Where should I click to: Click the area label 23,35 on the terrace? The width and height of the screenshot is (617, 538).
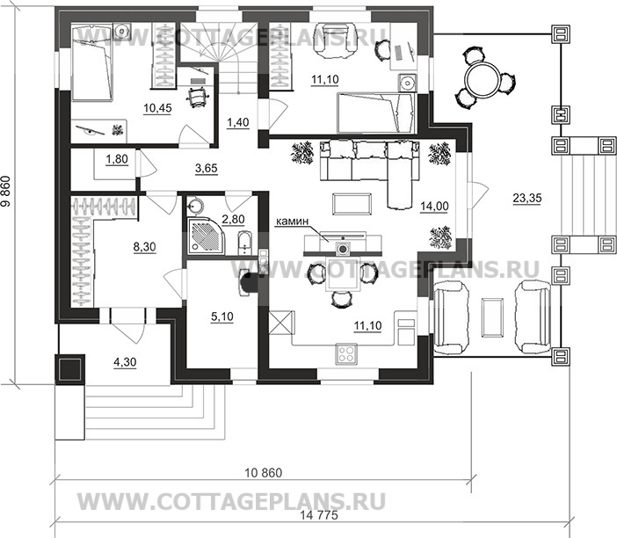(526, 198)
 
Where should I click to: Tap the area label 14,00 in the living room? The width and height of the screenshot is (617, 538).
(434, 207)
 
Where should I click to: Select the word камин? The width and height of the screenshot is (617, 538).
(292, 222)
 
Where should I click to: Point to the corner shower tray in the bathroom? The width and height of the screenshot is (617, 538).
(206, 236)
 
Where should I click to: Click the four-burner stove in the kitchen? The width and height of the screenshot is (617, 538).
(346, 353)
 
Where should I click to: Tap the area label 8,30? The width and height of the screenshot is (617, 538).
(144, 247)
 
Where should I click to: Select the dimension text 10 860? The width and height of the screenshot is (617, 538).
(264, 473)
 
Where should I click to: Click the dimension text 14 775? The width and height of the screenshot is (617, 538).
(319, 515)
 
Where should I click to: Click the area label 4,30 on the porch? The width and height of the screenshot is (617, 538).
(125, 362)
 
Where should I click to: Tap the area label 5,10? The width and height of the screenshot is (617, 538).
(222, 316)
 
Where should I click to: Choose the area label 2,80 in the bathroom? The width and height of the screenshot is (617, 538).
(233, 219)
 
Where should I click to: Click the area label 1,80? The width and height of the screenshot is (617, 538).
(117, 159)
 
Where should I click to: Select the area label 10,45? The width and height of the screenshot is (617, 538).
(157, 108)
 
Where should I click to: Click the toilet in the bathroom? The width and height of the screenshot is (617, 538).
(244, 244)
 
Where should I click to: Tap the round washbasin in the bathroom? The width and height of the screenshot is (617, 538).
(196, 205)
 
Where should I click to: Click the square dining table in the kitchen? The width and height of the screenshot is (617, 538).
(343, 274)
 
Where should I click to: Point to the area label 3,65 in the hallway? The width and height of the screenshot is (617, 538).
(207, 169)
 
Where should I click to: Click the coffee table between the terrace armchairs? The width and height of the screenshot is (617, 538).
(493, 317)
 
